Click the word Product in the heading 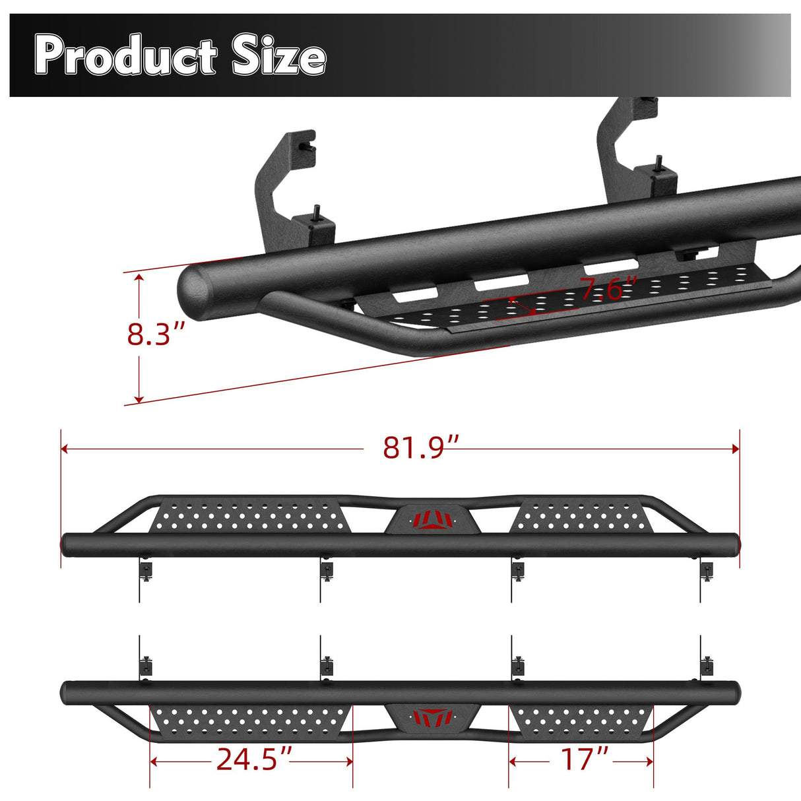click(x=125, y=56)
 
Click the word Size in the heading click(x=278, y=56)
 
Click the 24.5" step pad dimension click(x=254, y=759)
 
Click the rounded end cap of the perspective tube click(x=196, y=292)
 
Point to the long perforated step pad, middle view click(x=249, y=517)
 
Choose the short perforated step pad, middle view click(x=577, y=516)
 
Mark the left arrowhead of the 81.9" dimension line click(x=65, y=449)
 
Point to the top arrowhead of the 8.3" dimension click(x=139, y=278)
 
